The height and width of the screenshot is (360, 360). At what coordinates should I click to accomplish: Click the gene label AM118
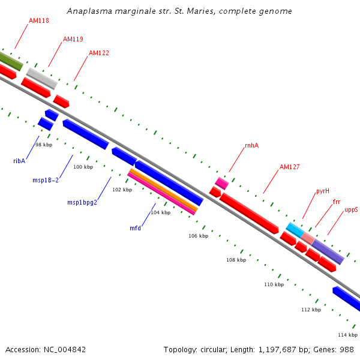(x=39, y=20)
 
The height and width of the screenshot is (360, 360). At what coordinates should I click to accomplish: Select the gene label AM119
(x=73, y=39)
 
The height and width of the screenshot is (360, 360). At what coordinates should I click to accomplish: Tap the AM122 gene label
(x=99, y=53)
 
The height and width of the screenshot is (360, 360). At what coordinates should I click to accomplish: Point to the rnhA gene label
(x=251, y=146)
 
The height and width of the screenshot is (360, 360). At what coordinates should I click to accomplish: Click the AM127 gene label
(x=290, y=167)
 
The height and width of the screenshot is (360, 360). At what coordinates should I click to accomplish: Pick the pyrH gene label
(x=323, y=191)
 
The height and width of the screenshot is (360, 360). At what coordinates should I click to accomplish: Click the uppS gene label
(x=351, y=210)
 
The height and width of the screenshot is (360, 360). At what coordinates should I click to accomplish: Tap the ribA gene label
(x=19, y=161)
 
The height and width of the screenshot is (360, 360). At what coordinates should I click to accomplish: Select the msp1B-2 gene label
(x=46, y=180)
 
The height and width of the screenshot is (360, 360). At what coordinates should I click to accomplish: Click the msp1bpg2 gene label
(x=82, y=202)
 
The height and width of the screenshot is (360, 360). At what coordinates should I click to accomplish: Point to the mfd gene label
(x=136, y=228)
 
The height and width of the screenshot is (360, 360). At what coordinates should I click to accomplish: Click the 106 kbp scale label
(x=198, y=236)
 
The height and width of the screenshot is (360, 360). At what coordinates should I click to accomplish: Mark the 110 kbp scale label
(x=274, y=284)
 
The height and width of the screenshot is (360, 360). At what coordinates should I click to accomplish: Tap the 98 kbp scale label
(x=44, y=145)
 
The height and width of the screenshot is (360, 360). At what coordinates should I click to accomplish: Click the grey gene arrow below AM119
(x=41, y=78)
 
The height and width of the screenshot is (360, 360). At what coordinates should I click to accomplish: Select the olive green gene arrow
(x=10, y=60)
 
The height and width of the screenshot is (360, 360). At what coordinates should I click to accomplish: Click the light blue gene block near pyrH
(x=295, y=229)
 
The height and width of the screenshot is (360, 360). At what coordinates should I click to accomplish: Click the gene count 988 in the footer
(x=347, y=349)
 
